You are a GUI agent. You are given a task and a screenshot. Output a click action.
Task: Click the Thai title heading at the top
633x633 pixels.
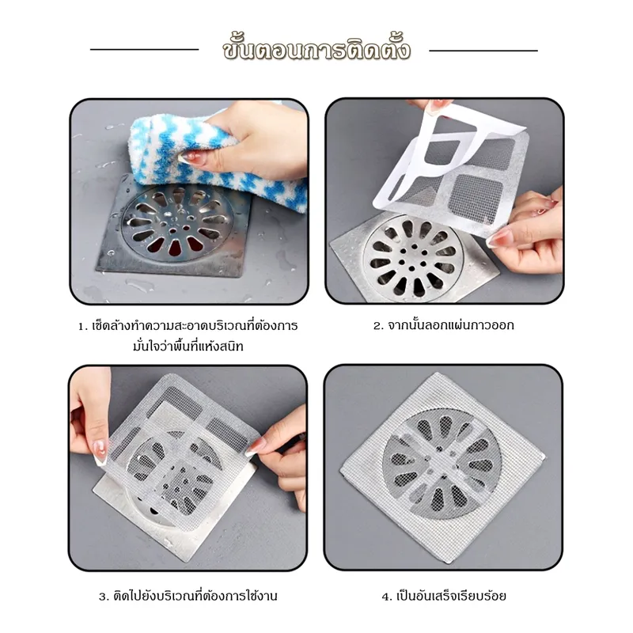[316, 49]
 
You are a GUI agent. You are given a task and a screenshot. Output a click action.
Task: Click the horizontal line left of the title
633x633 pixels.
[145, 50]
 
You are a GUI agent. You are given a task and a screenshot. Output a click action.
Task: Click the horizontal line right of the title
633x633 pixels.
[483, 51]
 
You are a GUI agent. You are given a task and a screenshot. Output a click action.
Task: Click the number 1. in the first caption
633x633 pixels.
[83, 326]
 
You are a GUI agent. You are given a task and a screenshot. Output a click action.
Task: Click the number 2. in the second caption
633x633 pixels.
[378, 326]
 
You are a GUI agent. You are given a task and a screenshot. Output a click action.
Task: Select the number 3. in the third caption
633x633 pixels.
[104, 597]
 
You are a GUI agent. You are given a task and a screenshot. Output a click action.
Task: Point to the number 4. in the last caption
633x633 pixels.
[387, 597]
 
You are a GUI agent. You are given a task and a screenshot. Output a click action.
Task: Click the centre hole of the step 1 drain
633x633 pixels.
[173, 231]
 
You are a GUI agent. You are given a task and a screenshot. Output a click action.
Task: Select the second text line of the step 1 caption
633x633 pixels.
[188, 347]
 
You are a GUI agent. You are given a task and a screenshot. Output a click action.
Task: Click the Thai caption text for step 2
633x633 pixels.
[451, 325]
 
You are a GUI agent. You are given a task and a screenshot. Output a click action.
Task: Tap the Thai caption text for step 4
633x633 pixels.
[451, 596]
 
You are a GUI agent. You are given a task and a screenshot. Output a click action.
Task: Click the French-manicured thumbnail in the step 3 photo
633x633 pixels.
[100, 452]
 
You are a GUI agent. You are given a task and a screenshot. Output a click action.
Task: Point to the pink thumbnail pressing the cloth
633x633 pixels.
[190, 157]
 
